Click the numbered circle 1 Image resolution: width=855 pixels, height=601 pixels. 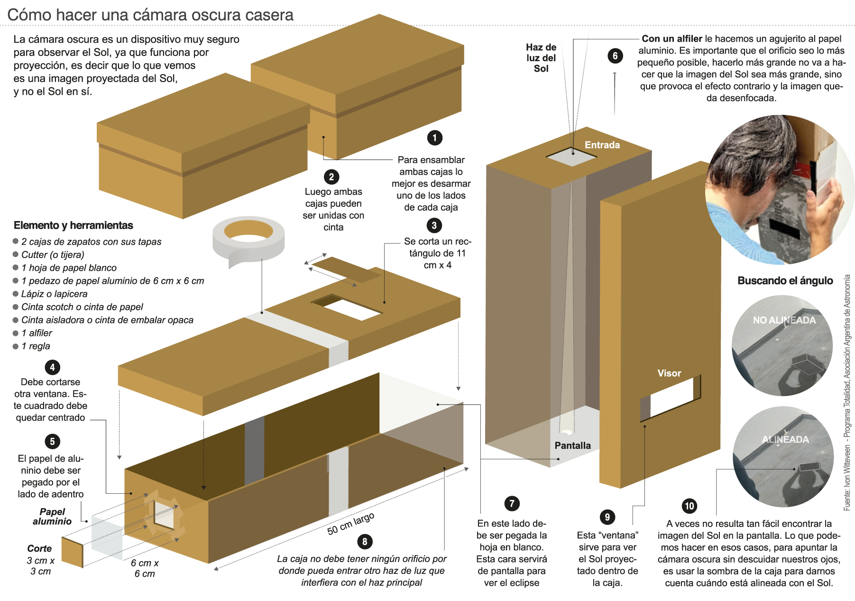(x=434, y=138)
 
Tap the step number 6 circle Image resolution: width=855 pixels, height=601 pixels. (x=615, y=56)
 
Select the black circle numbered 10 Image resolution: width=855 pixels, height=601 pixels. (x=690, y=506)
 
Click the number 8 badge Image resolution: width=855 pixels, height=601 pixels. (x=364, y=542)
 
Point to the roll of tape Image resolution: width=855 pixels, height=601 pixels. (x=248, y=240)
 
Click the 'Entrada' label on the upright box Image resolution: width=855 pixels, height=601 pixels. (x=602, y=145)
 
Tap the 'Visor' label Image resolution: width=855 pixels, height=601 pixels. (x=669, y=373)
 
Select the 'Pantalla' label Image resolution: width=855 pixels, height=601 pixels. (x=572, y=445)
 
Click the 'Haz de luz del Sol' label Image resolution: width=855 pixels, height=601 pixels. (x=541, y=58)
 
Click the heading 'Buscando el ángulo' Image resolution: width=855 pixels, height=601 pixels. (x=785, y=280)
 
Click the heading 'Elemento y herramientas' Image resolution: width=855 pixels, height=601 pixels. (x=74, y=225)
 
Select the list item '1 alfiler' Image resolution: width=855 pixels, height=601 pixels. (x=37, y=333)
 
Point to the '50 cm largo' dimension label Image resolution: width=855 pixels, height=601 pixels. (x=350, y=523)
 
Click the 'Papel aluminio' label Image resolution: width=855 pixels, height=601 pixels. (x=52, y=517)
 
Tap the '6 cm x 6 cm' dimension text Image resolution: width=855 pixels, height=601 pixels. (x=145, y=568)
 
